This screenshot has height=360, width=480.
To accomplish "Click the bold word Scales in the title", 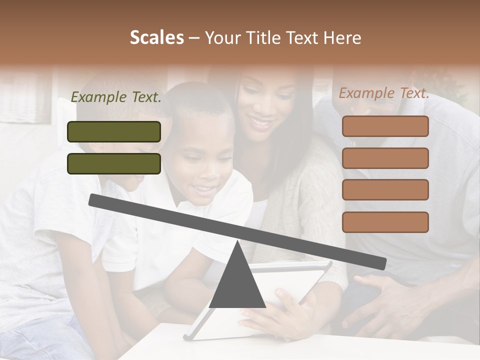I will coord(156,38).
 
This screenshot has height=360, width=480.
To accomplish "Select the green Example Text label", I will coord(116,97).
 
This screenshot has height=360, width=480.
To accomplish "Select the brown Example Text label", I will coord(384,93).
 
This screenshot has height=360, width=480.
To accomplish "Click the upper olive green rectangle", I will coord(114,132).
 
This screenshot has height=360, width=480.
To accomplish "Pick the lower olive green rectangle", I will coord(114,163).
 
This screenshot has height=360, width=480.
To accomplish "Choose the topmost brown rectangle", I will coord(385,126).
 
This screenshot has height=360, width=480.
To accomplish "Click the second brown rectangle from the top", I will coord(385,158).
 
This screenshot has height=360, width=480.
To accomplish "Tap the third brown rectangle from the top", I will coord(385,190).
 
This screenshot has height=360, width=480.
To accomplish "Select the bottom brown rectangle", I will coord(385,222).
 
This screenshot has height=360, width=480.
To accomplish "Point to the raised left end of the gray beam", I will coord(93,199).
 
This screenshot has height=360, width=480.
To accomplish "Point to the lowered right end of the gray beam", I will coord(382,263).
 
